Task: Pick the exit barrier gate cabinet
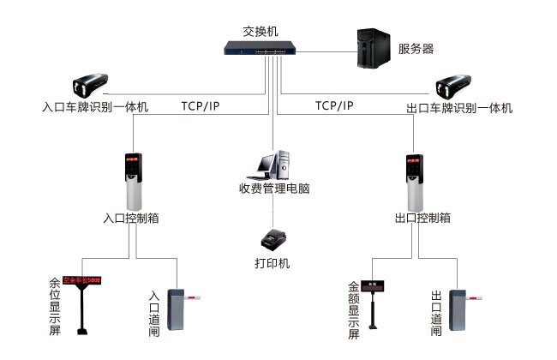pyautogui.click(x=458, y=311)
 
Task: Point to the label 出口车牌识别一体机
pyautogui.click(x=458, y=108)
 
